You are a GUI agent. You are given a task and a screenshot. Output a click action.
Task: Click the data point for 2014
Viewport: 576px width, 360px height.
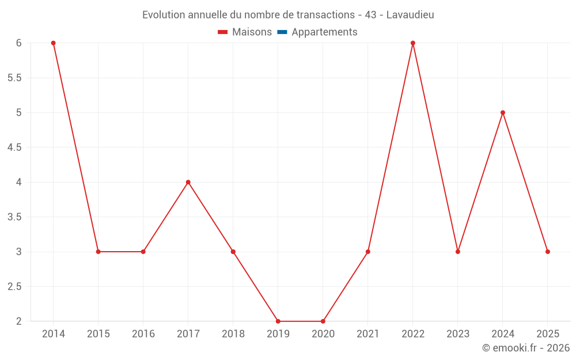click(53, 43)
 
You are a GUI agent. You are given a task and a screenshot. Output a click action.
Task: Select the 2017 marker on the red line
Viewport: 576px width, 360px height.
click(188, 182)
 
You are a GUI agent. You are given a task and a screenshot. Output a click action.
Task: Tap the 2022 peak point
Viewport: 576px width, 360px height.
click(413, 43)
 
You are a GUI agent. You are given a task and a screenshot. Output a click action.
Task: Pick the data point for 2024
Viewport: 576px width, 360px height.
click(503, 112)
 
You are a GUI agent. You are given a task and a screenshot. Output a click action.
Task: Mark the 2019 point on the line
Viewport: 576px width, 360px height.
click(278, 321)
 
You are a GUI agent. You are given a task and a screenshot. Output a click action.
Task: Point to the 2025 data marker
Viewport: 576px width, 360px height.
click(548, 252)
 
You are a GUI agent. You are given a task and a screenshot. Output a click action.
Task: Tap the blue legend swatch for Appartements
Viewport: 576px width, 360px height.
click(282, 32)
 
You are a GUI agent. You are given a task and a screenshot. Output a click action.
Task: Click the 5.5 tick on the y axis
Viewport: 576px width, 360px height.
click(14, 78)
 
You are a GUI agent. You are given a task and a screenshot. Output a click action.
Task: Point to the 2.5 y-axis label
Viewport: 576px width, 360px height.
click(14, 286)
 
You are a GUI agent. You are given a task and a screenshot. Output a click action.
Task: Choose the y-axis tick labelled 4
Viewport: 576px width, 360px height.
click(18, 182)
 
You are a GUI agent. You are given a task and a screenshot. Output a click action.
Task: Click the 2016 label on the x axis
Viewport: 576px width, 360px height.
click(143, 334)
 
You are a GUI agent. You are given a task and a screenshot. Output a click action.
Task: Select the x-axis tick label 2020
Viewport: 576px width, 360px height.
click(323, 334)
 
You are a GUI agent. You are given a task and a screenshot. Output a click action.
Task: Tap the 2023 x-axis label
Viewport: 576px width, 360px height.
click(458, 334)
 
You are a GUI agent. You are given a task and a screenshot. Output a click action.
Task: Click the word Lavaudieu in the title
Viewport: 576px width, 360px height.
click(410, 15)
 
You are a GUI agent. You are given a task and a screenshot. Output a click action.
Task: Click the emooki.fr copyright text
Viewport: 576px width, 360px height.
click(526, 348)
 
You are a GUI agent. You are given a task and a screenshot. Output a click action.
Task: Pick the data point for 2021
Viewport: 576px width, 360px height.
click(368, 252)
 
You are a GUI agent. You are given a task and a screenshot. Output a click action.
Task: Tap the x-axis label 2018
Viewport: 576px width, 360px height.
click(233, 334)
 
